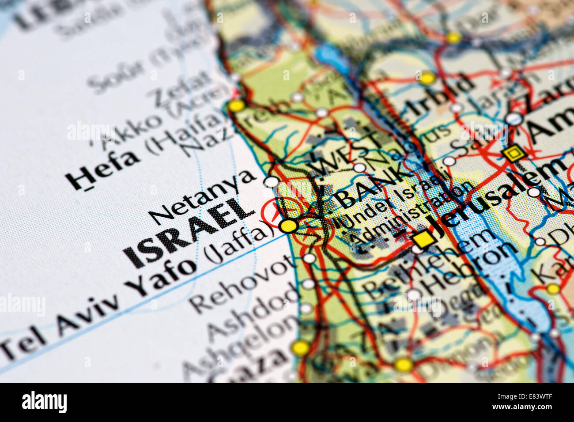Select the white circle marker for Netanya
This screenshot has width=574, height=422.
pyautogui.click(x=271, y=181)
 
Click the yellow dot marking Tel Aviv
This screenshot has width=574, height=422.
pyautogui.click(x=288, y=226)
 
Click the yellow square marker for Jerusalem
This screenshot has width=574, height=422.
pyautogui.click(x=423, y=239)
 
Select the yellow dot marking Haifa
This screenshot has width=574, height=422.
pyautogui.click(x=236, y=105)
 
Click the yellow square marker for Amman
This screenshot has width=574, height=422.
pyautogui.click(x=513, y=154)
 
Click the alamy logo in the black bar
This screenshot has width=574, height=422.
pyautogui.click(x=44, y=402)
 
